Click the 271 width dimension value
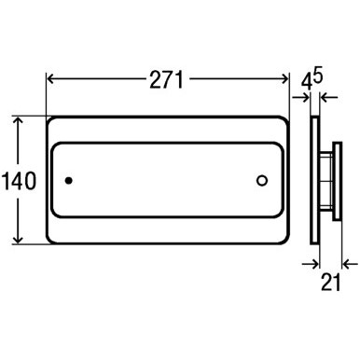167,79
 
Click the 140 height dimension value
19,181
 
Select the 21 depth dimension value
330,283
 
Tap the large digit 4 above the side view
306,82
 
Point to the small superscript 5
318,76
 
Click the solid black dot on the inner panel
69,180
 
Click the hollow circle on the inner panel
262,181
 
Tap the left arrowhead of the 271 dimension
50,79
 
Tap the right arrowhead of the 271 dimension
285,79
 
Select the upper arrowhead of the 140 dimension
18,120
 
